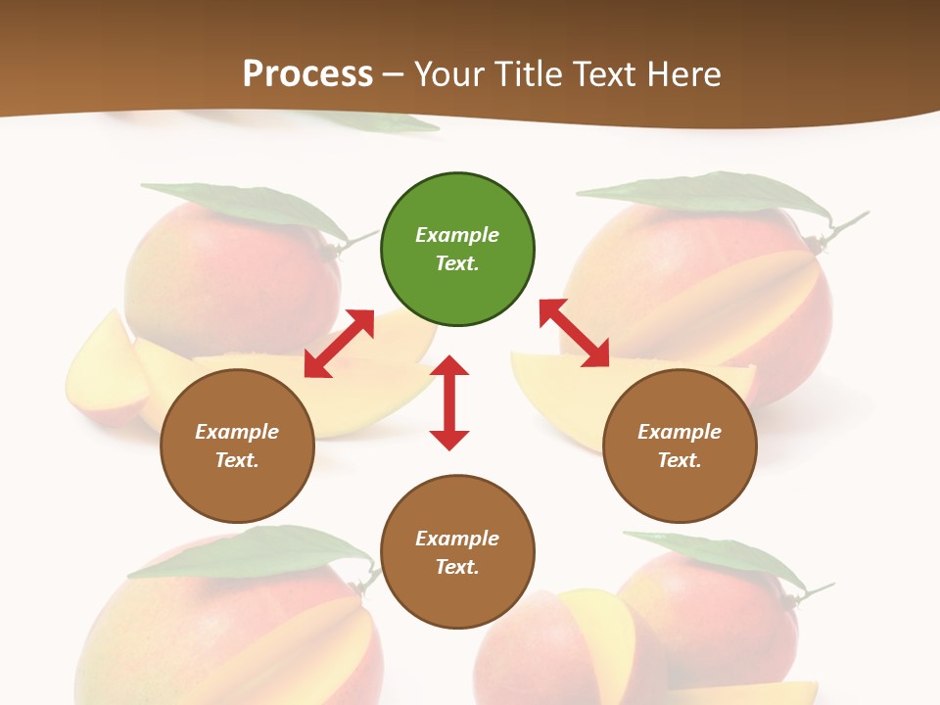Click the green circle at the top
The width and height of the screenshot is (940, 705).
pyautogui.click(x=457, y=249)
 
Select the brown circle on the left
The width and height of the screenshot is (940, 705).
pyautogui.click(x=237, y=446)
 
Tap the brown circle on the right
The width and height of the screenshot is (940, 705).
pyautogui.click(x=680, y=446)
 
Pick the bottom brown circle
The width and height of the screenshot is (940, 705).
pyautogui.click(x=457, y=552)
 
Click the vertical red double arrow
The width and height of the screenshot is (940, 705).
pyautogui.click(x=449, y=402)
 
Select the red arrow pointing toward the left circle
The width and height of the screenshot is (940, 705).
pyautogui.click(x=339, y=344)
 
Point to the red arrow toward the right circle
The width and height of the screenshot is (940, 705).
pyautogui.click(x=575, y=334)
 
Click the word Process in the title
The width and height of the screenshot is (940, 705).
pyautogui.click(x=307, y=73)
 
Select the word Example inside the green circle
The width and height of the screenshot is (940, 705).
pyautogui.click(x=457, y=235)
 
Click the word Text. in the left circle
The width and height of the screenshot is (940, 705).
pyautogui.click(x=237, y=460)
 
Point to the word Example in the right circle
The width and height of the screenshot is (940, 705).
pyautogui.click(x=680, y=432)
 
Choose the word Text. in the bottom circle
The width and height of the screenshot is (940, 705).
pyautogui.click(x=457, y=567)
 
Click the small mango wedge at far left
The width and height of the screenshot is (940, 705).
pyautogui.click(x=103, y=372)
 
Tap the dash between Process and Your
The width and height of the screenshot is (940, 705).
pyautogui.click(x=394, y=74)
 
